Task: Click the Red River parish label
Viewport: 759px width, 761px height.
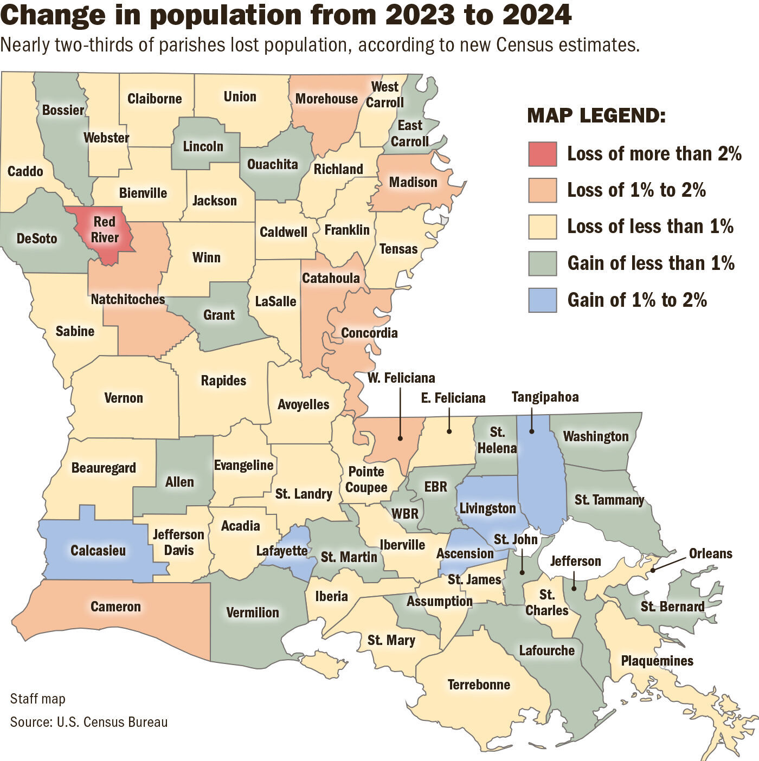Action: coord(105,229)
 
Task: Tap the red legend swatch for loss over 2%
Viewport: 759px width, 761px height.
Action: coord(542,154)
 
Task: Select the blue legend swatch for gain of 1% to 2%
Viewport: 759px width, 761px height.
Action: coord(542,300)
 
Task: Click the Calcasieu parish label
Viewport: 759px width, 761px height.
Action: coord(98,551)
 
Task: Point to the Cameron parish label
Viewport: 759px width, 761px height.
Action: coord(115,607)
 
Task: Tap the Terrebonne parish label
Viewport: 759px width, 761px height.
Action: coord(479,685)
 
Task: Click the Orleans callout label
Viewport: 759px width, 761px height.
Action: coord(710,553)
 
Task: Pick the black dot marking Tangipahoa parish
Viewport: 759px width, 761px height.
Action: coord(532,431)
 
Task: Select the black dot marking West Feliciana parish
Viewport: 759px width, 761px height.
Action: coord(400,437)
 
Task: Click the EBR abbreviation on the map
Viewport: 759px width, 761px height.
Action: coord(436,486)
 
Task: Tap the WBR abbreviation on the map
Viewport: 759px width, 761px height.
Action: coord(405,513)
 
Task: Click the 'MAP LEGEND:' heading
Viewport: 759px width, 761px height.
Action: coord(596,115)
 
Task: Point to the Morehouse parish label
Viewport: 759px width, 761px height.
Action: coord(326,99)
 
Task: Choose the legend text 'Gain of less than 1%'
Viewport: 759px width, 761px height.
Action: coord(651,263)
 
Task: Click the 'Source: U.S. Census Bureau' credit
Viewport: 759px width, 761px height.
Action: coord(89,722)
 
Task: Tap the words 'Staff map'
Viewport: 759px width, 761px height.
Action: coord(37,699)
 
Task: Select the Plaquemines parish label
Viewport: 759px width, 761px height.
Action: coord(657,661)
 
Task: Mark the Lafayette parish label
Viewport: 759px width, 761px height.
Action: coord(282,551)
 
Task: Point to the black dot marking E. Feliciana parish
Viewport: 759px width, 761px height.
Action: coord(449,431)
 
